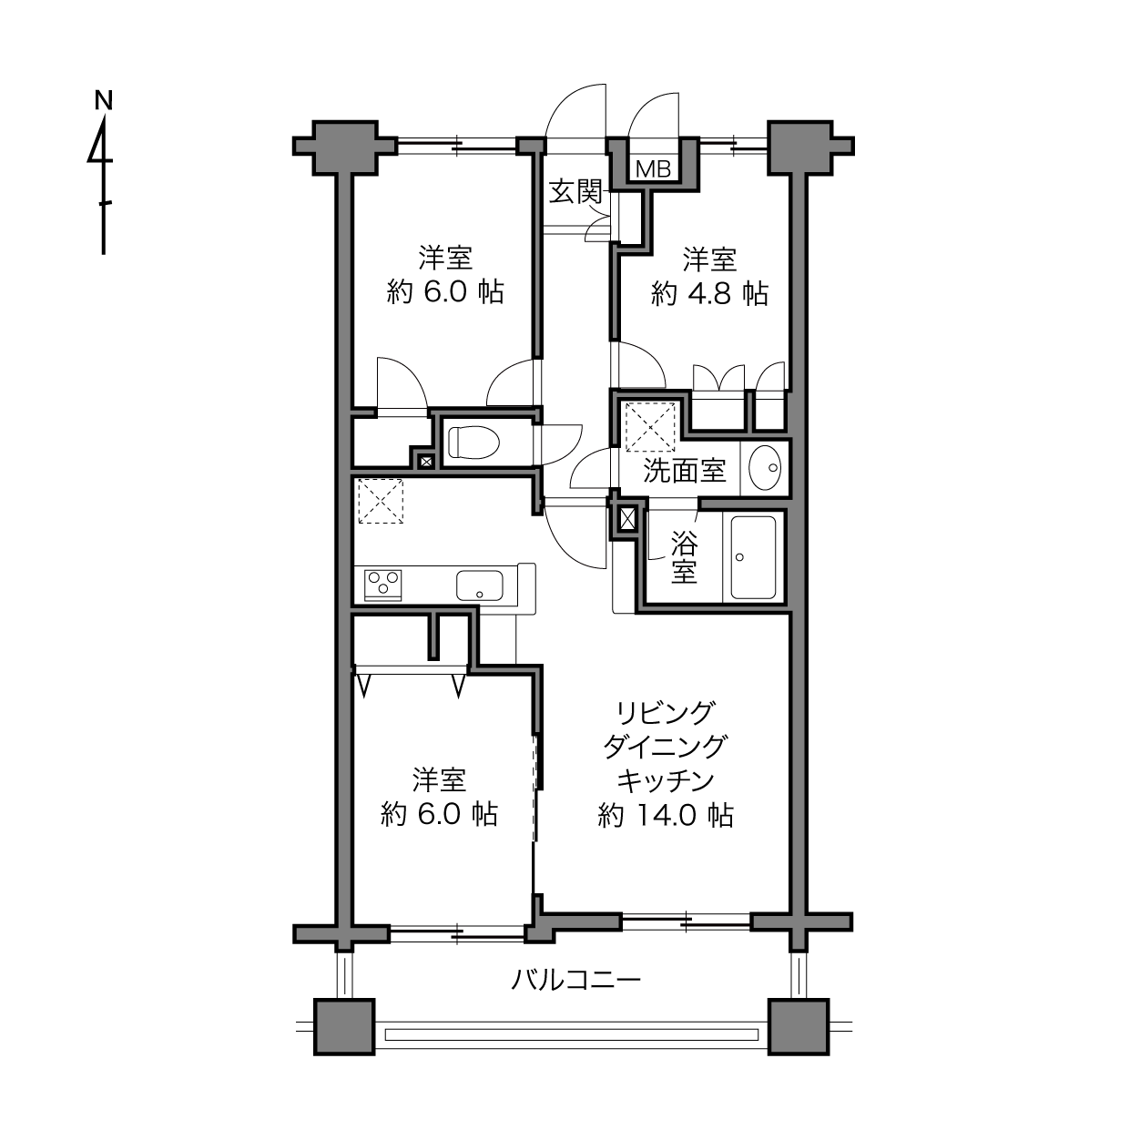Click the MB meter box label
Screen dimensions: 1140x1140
pos(653,169)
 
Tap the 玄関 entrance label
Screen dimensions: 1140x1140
pos(575,192)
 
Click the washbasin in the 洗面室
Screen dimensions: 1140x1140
pos(765,467)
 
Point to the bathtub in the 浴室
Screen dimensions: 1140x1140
pos(753,557)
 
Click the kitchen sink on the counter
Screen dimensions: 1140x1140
pos(479,585)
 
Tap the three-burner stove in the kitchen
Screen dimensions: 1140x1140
pos(382,584)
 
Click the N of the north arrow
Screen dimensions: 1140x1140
pos(104,100)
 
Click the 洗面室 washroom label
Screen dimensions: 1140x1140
pos(685,471)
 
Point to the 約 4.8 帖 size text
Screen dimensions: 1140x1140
pos(709,293)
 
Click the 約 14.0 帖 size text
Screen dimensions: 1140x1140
pos(666,816)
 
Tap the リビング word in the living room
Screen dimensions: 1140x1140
pos(666,712)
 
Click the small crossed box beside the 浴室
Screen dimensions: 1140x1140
pos(626,519)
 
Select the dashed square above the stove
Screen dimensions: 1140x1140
pos(381,501)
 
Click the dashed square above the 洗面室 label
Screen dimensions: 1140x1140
pos(651,426)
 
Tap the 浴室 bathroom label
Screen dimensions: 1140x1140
pos(684,557)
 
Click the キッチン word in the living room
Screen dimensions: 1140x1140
pos(666,781)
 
